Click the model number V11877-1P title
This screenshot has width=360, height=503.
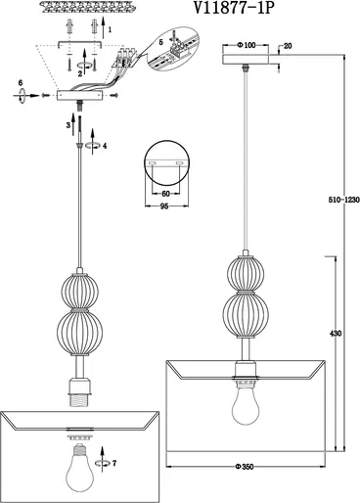(233, 8)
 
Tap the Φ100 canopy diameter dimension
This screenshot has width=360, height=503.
(247, 45)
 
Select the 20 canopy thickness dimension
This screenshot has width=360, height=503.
(288, 46)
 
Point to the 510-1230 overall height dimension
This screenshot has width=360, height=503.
(343, 200)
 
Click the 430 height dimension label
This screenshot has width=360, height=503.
(336, 334)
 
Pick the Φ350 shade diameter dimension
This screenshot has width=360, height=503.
(245, 467)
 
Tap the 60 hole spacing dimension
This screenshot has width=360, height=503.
(165, 194)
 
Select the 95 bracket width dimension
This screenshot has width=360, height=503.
(164, 206)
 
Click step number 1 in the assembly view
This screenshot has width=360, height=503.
(110, 29)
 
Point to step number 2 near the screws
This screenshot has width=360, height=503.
(80, 73)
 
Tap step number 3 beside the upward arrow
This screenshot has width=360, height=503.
(68, 125)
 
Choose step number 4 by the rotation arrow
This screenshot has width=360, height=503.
(105, 146)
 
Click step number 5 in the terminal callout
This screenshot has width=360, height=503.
(161, 42)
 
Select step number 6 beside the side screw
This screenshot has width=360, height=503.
(21, 82)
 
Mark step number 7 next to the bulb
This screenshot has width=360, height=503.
(113, 463)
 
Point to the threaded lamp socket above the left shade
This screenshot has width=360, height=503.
(79, 392)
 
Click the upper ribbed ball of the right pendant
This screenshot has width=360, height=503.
(246, 273)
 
